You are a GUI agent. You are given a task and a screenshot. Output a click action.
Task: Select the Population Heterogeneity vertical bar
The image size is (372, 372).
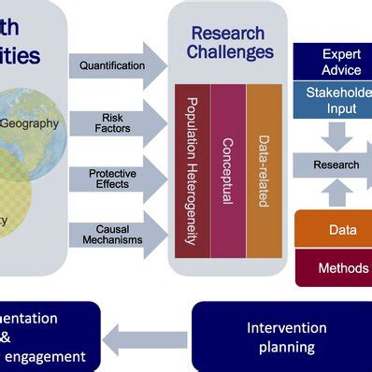pos(193,170)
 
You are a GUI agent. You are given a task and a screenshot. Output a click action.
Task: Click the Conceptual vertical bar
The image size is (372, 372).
pos(227,170)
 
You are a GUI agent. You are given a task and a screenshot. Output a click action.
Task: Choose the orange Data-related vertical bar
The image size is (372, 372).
pos(264,170)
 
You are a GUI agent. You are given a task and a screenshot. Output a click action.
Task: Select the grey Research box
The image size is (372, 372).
pos(334,165)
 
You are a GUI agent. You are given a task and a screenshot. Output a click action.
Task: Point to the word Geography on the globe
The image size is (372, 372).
pos(29,122)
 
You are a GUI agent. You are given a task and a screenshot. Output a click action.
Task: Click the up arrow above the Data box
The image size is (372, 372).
pos(336,193)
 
